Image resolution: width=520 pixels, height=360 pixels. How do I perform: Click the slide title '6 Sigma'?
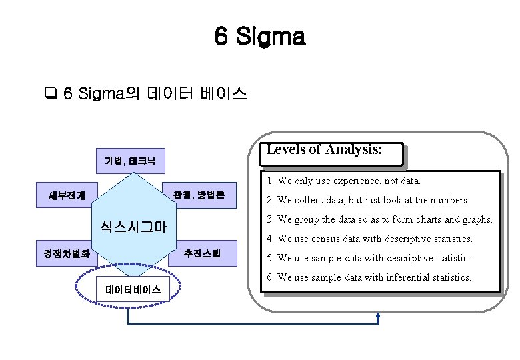[259, 37]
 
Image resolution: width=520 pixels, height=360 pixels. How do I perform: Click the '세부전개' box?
[67, 195]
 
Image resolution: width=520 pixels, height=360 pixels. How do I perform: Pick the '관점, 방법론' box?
[199, 195]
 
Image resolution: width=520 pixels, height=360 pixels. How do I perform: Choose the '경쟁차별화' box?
[67, 254]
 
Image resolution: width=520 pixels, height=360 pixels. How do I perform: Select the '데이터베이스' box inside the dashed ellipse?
[133, 289]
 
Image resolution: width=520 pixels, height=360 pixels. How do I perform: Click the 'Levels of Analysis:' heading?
[325, 150]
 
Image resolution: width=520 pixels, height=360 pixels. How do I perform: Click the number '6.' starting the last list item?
[270, 277]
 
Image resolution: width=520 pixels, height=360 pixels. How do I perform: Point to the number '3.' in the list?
[270, 219]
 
